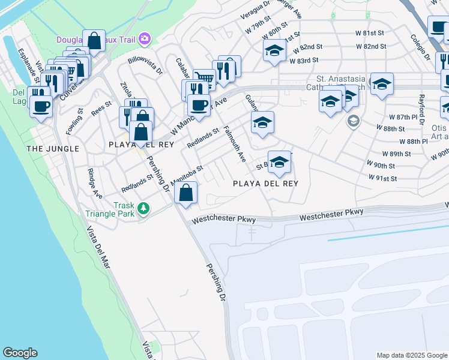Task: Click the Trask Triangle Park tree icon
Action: pos(143,208)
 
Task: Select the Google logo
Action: pos(20,353)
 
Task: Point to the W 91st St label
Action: pos(383,178)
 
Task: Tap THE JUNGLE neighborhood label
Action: pos(52,148)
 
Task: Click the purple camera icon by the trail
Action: pos(144,40)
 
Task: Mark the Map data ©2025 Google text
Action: pos(412,355)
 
